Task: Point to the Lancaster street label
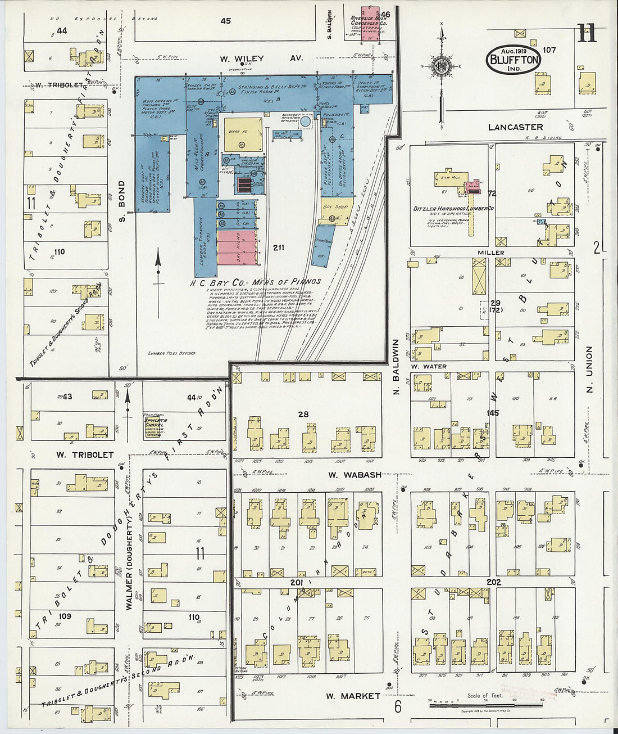pos(515,127)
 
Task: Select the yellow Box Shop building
pos(337,208)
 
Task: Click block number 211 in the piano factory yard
pos(279,247)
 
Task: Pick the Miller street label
pos(490,253)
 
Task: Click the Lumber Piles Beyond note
pos(171,353)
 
